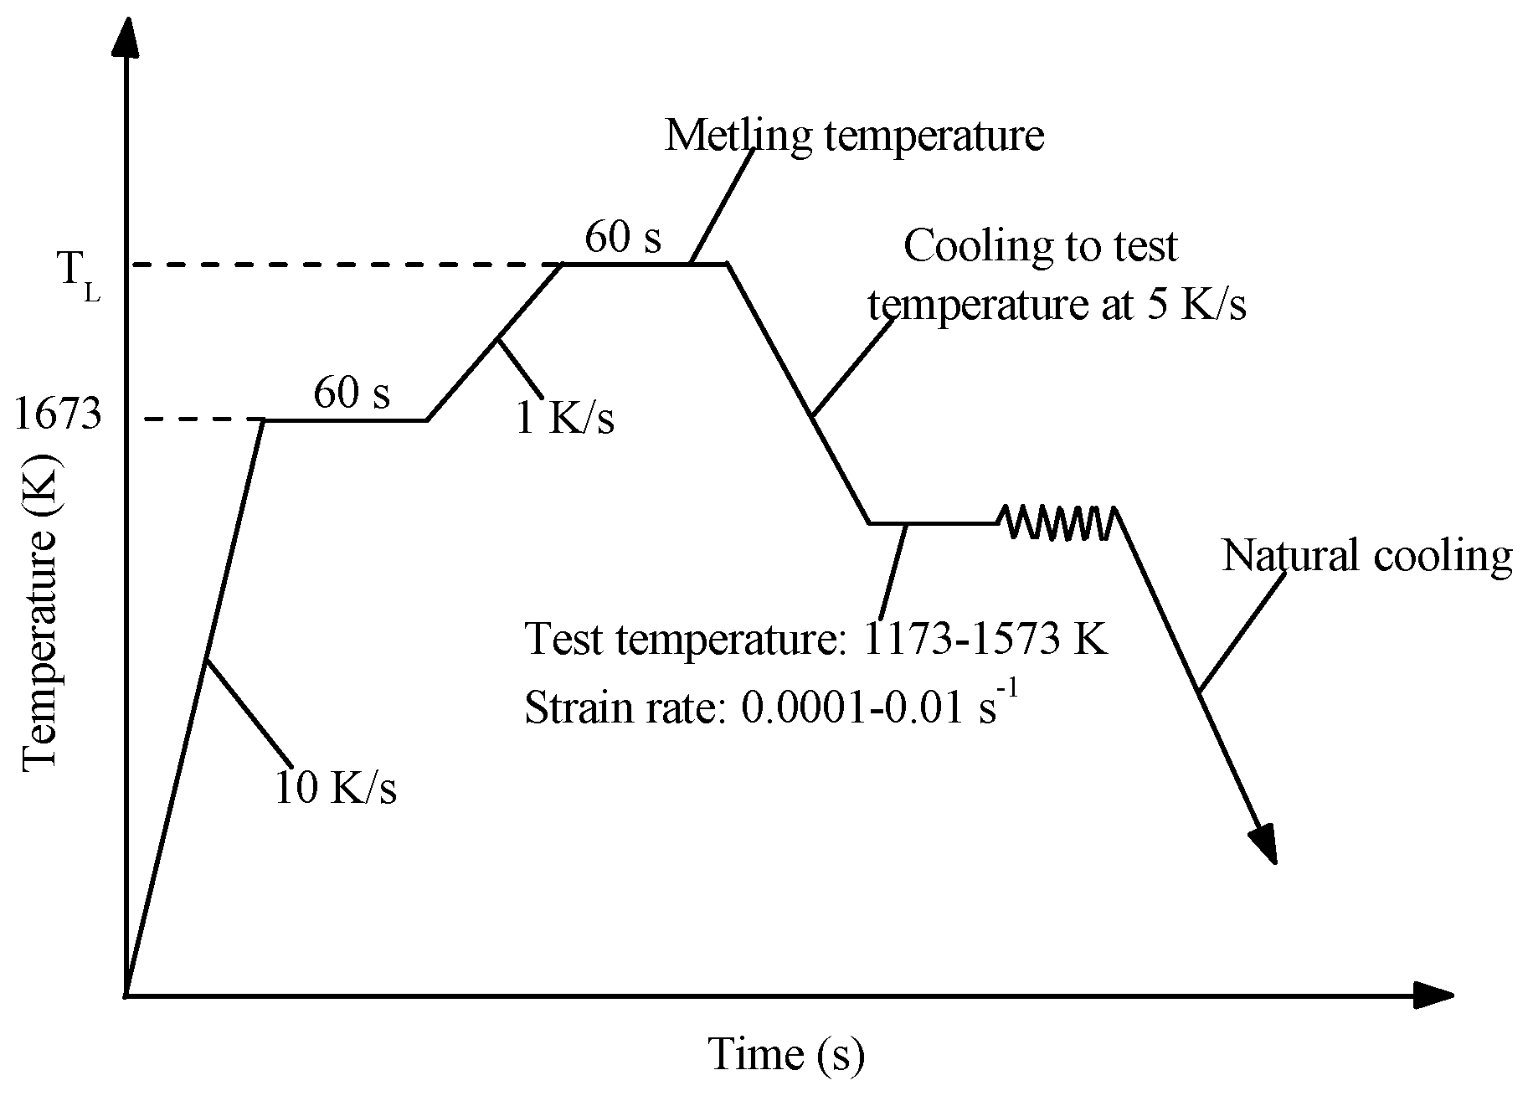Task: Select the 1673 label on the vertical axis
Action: pos(58,416)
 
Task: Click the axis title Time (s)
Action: pos(785,1054)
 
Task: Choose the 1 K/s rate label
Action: pos(564,416)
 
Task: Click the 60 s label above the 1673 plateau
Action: pos(352,392)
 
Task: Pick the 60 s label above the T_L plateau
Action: pos(622,237)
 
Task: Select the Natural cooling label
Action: pos(1366,556)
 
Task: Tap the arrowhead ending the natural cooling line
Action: pos(1264,844)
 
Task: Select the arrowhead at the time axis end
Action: pos(1433,996)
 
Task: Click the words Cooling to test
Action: pos(1040,246)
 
